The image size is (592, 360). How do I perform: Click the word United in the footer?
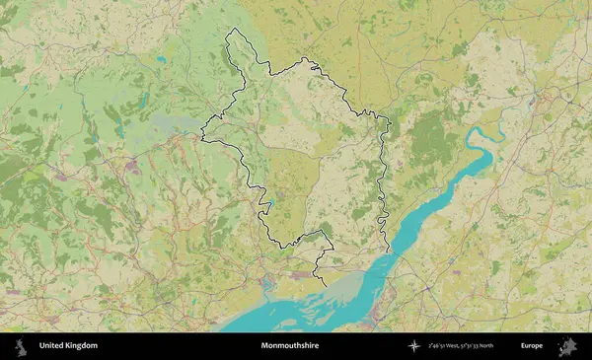53,346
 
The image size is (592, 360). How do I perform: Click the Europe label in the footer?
532,346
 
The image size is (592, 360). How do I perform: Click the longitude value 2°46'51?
439,346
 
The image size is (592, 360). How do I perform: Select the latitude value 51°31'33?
483,346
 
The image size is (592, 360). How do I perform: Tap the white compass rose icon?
414,346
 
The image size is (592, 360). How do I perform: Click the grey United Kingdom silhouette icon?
19,346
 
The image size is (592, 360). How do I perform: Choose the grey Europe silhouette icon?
567,346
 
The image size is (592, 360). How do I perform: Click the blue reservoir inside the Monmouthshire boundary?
268,205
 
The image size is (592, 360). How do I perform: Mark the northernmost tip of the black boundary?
232,30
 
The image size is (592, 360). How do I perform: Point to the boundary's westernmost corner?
202,136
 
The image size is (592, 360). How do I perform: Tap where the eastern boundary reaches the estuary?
388,250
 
